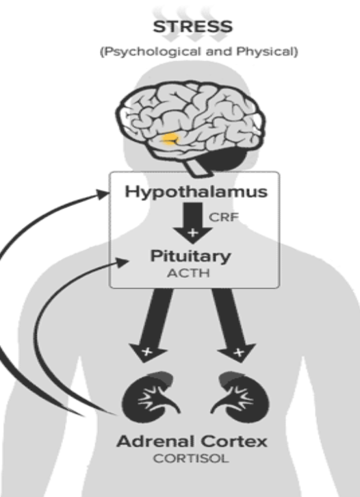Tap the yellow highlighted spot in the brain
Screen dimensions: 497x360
click(170, 140)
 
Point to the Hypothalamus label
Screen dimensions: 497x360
click(195, 192)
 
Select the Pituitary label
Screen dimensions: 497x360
click(192, 258)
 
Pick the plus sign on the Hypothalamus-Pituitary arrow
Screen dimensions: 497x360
click(192, 233)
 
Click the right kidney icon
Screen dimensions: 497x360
click(234, 397)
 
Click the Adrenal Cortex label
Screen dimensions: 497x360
click(192, 442)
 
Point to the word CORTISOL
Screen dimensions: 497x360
click(192, 459)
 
